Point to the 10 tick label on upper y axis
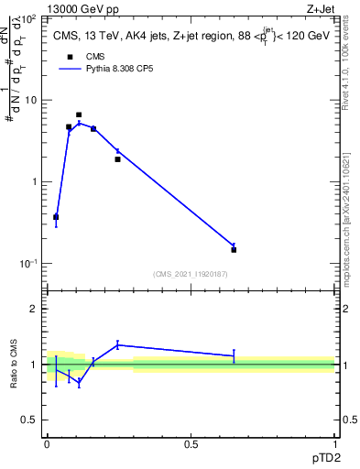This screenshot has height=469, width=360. click(x=30, y=100)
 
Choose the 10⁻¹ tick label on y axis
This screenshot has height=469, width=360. click(x=27, y=263)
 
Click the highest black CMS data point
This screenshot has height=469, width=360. click(x=79, y=115)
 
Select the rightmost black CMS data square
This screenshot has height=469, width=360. click(x=234, y=249)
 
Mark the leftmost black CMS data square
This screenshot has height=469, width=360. click(x=56, y=217)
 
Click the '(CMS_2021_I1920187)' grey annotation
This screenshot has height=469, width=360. click(x=191, y=274)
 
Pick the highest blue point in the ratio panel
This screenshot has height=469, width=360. click(x=117, y=345)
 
